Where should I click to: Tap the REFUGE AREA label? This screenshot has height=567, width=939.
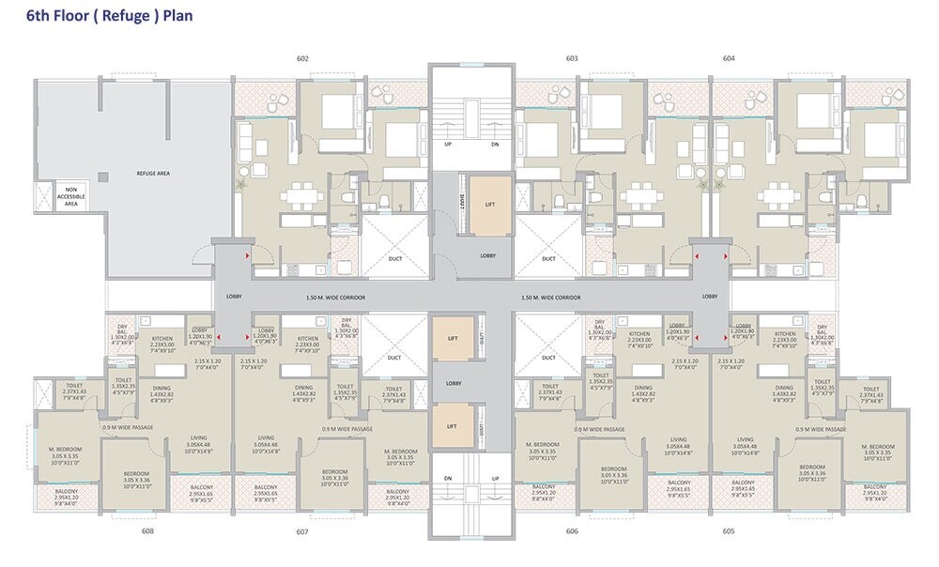(152, 174)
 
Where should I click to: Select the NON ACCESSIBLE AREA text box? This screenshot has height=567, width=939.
(70, 196)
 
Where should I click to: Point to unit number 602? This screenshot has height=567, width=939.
(302, 58)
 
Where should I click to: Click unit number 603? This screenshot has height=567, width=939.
(572, 58)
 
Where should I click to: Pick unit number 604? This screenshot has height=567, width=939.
(729, 58)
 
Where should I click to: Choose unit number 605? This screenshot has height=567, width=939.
(729, 531)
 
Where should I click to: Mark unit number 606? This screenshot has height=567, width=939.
(572, 531)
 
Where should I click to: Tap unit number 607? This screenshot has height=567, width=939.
(302, 531)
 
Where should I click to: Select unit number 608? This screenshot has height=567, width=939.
(147, 531)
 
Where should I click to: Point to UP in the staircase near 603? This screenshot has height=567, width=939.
(447, 144)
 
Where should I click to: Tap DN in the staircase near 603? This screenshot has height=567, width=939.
(495, 144)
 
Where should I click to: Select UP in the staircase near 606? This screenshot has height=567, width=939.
(495, 479)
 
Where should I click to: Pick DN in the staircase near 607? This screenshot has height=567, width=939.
(448, 479)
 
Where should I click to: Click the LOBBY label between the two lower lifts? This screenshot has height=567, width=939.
(454, 383)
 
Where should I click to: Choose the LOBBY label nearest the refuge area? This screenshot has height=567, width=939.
(234, 297)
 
